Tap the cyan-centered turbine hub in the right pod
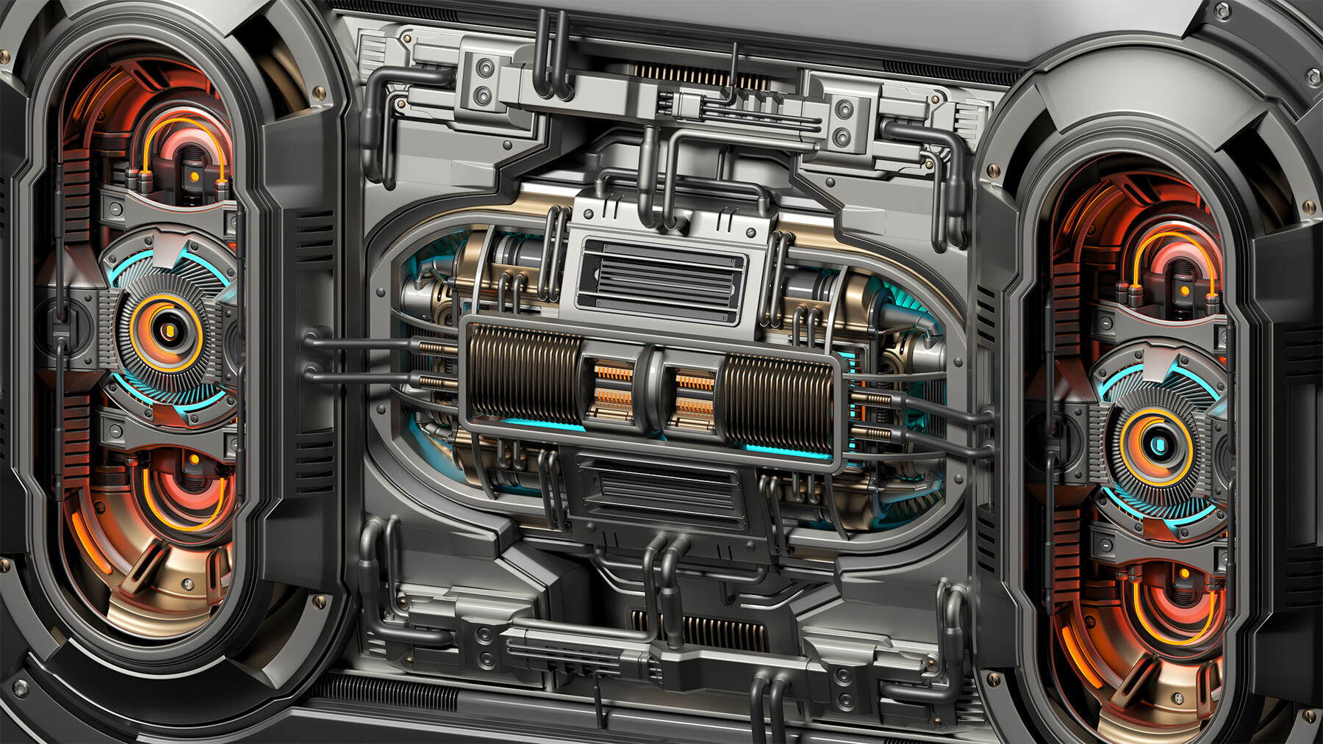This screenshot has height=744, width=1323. [x=1158, y=444]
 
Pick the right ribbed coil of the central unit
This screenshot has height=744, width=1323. [x=779, y=396]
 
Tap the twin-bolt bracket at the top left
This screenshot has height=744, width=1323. [x=484, y=81]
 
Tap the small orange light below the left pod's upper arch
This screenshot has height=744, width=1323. [x=194, y=177]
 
